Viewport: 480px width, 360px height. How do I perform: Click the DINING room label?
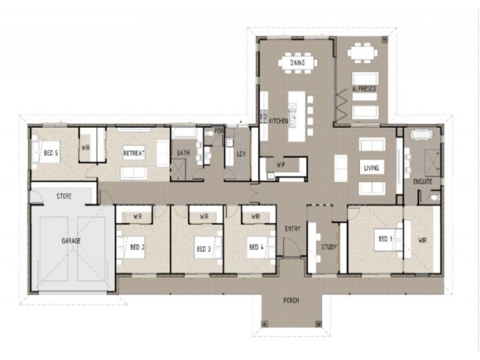point(297,62)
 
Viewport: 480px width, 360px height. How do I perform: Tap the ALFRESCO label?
point(364,89)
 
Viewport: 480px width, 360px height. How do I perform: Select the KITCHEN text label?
point(278,121)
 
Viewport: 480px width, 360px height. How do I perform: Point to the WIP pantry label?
point(281,164)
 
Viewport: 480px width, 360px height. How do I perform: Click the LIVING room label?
point(370,168)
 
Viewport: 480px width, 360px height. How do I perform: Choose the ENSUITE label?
point(423,181)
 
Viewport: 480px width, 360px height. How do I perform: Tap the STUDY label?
point(329,247)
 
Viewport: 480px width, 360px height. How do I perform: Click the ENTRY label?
point(293,228)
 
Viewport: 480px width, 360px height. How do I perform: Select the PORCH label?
point(292,300)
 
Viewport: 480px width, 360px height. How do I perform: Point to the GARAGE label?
point(71,241)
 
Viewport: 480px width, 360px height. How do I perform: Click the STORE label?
point(64,196)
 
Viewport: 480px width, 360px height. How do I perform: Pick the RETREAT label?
point(134,153)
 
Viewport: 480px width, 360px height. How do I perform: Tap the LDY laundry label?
point(241,154)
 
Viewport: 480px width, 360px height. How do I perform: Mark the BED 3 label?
point(203,247)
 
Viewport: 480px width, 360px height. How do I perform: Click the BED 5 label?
point(51,153)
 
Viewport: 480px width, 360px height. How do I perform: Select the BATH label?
point(183,153)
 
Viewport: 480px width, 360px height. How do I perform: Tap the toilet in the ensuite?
point(434,196)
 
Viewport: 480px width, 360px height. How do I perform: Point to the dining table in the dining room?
point(297,62)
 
